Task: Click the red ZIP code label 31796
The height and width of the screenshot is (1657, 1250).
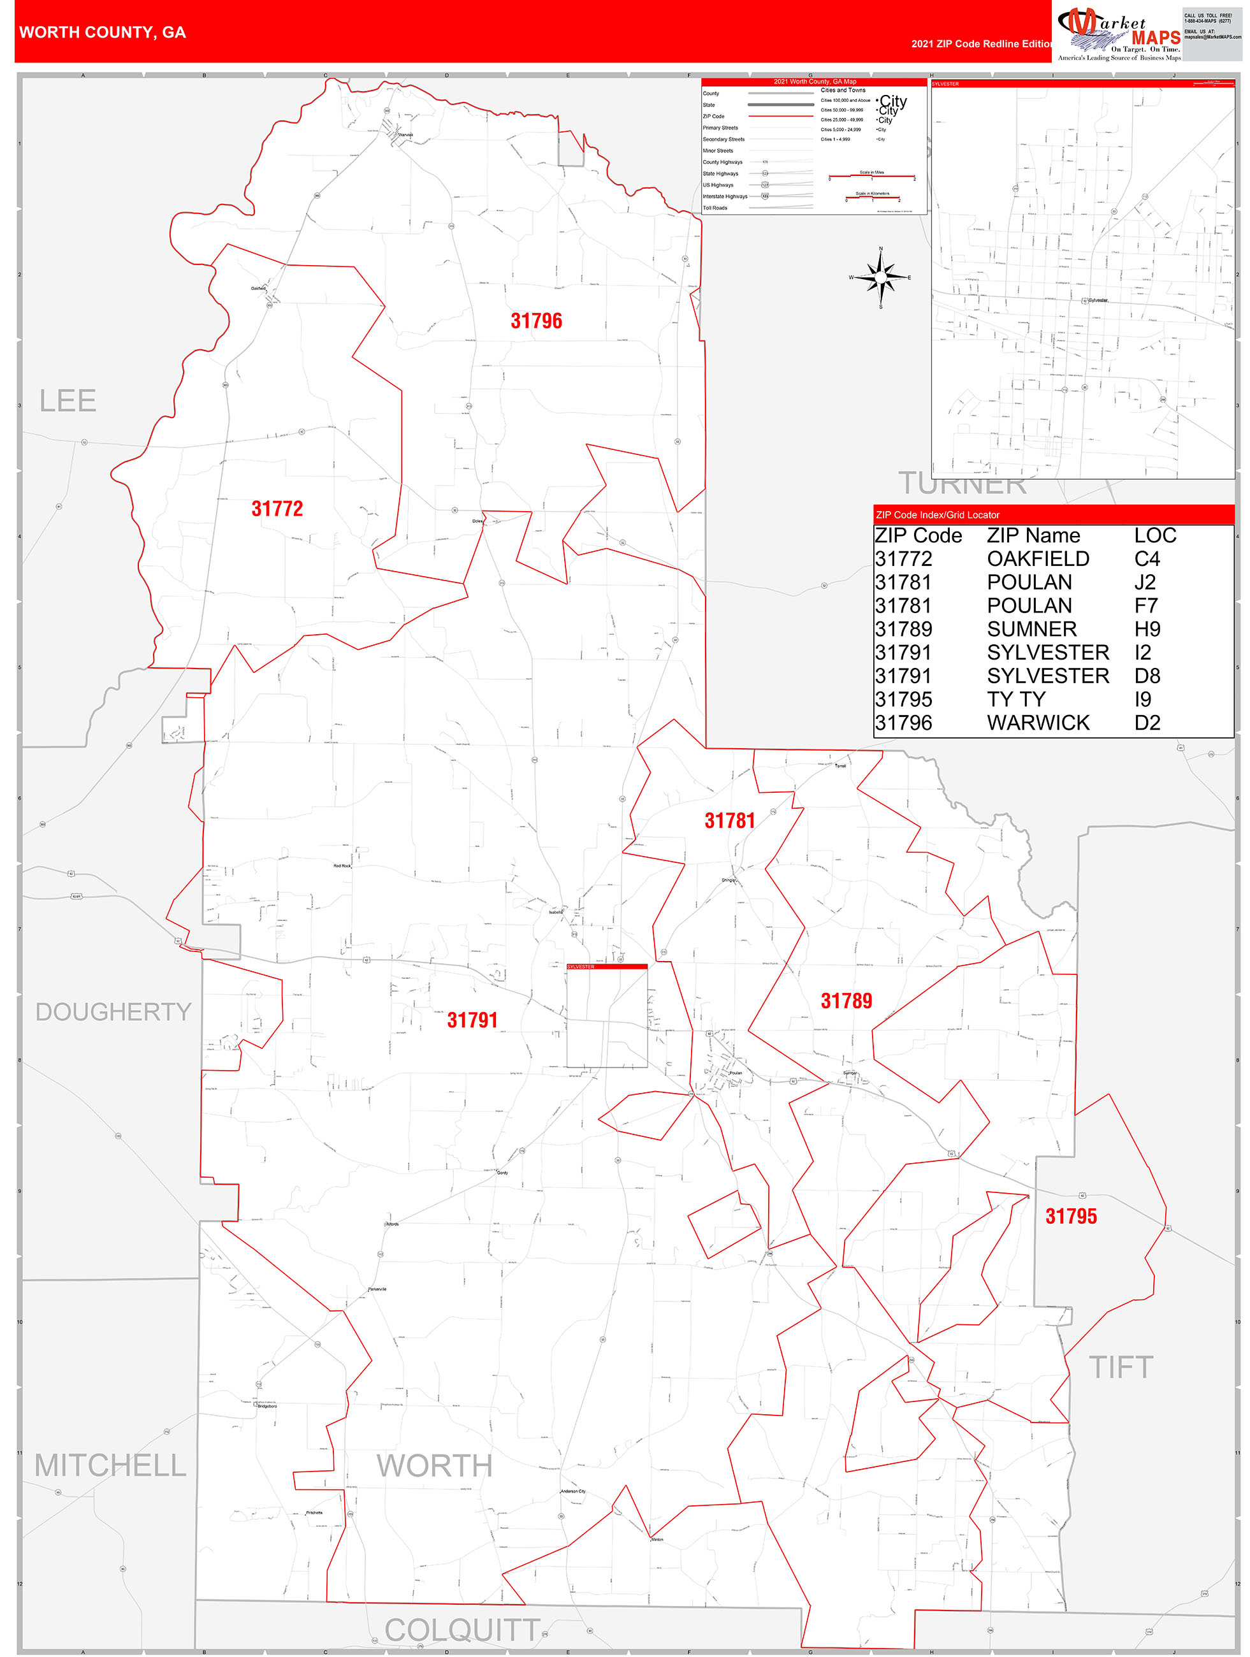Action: pyautogui.click(x=536, y=321)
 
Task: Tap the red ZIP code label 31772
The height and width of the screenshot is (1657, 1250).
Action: pyautogui.click(x=277, y=509)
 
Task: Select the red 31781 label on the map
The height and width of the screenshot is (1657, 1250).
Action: pyautogui.click(x=729, y=820)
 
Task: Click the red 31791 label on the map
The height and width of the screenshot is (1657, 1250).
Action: pyautogui.click(x=472, y=1020)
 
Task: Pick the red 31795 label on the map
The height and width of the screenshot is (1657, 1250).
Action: pyautogui.click(x=1070, y=1217)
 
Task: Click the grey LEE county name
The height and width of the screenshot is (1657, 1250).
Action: pyautogui.click(x=68, y=401)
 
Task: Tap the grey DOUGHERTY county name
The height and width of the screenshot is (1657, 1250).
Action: pyautogui.click(x=113, y=1011)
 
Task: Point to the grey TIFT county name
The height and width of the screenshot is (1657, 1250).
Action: pyautogui.click(x=1121, y=1367)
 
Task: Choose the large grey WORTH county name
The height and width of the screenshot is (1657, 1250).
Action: pyautogui.click(x=434, y=1465)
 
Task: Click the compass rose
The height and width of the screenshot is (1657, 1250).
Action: pyautogui.click(x=880, y=277)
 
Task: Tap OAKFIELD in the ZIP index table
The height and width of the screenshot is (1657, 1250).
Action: pyautogui.click(x=1037, y=559)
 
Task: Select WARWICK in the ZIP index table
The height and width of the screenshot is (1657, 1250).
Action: pyautogui.click(x=1037, y=723)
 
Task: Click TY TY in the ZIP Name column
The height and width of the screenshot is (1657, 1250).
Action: pyautogui.click(x=1015, y=699)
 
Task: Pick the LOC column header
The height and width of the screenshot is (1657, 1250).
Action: pyautogui.click(x=1154, y=535)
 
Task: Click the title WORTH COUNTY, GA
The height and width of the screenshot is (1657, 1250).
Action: pyautogui.click(x=103, y=33)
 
